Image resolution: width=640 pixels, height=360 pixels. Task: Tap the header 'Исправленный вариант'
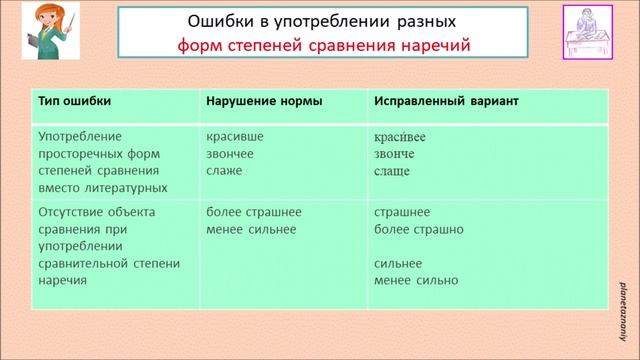(445, 102)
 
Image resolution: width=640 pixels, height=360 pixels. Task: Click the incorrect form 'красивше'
(232, 136)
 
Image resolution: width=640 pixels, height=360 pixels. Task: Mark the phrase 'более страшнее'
(253, 212)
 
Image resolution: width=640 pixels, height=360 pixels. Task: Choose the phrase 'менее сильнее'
(250, 229)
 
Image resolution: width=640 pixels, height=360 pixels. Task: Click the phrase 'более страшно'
(418, 229)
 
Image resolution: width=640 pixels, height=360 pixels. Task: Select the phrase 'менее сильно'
(415, 281)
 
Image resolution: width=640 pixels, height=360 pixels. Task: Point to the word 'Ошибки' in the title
(215, 20)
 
